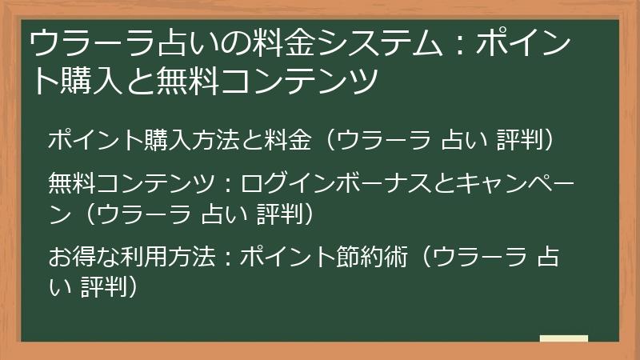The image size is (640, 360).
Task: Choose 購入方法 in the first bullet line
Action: [x=194, y=141]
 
